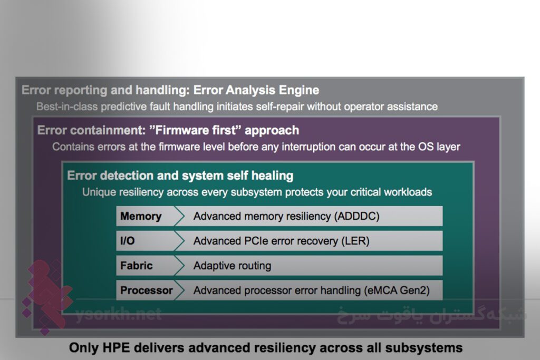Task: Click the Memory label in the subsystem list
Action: pyautogui.click(x=141, y=216)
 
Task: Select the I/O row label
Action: pyautogui.click(x=128, y=241)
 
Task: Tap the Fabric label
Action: pyautogui.click(x=137, y=266)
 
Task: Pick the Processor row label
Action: pyautogui.click(x=147, y=290)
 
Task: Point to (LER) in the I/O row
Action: pyautogui.click(x=355, y=241)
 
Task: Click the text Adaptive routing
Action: pyautogui.click(x=233, y=266)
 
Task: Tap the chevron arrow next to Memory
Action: pyautogui.click(x=179, y=216)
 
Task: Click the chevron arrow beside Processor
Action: pyautogui.click(x=179, y=290)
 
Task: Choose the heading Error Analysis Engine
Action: pyautogui.click(x=256, y=90)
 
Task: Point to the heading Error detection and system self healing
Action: pyautogui.click(x=180, y=176)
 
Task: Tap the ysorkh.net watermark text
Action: pyautogui.click(x=119, y=315)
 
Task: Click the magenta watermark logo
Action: pyautogui.click(x=46, y=296)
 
